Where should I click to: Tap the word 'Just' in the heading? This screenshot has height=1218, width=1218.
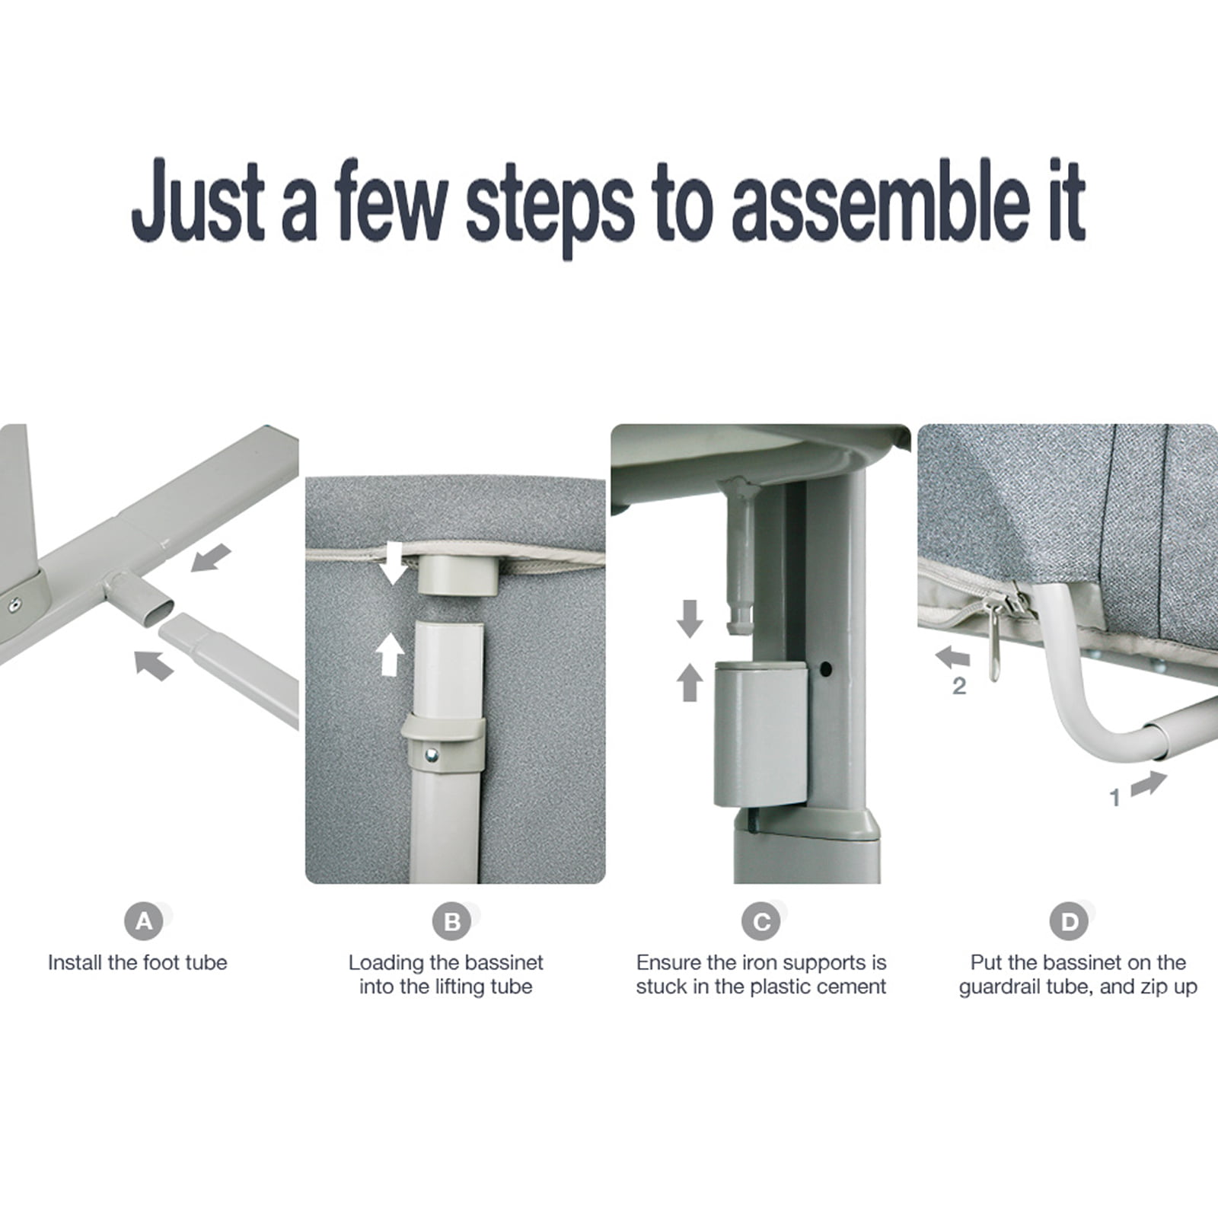click(x=199, y=200)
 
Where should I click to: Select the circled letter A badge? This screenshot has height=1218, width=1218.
click(x=144, y=922)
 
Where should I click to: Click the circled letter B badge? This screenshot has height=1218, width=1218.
click(x=452, y=922)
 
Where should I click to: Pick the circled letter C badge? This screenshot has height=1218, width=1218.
click(x=761, y=922)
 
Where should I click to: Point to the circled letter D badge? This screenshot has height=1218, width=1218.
click(x=1070, y=922)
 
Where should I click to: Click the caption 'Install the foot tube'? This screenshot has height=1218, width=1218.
click(x=138, y=962)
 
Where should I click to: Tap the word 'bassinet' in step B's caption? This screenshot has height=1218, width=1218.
click(x=501, y=962)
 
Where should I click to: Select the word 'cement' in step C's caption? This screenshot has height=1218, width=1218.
click(x=850, y=987)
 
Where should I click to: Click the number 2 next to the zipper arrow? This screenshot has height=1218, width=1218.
click(x=959, y=687)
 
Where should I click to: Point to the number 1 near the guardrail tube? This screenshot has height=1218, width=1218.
click(x=1115, y=798)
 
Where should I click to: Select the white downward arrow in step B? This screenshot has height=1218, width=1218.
click(x=394, y=563)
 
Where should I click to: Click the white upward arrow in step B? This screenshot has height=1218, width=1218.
click(x=391, y=656)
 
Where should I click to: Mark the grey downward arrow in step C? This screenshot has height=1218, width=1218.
click(x=690, y=618)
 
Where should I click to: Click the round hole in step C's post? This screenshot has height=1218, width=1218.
click(x=825, y=669)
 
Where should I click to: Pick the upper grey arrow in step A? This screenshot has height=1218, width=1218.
click(x=210, y=557)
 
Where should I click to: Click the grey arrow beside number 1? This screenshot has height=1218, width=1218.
click(x=1149, y=783)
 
